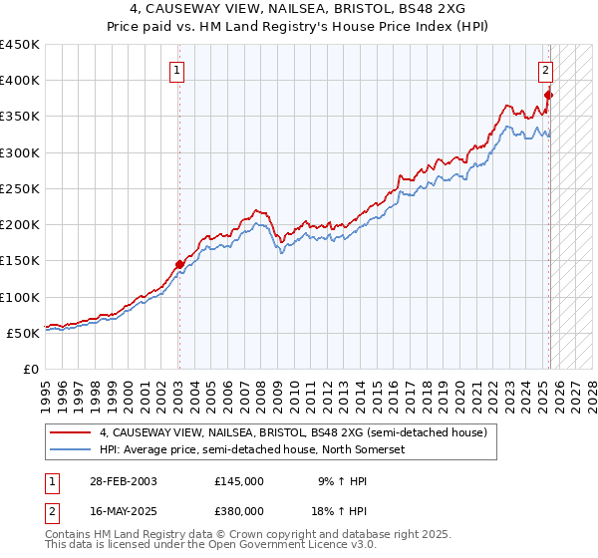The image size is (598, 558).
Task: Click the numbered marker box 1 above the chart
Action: click(176, 70)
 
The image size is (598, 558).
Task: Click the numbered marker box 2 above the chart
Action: click(547, 70)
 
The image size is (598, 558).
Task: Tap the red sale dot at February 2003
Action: click(179, 265)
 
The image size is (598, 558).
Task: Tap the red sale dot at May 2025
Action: click(549, 95)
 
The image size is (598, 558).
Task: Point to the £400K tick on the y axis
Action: click(21, 81)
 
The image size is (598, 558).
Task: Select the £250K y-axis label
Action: click(21, 188)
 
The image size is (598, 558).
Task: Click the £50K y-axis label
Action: click(25, 333)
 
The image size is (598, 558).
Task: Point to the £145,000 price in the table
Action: click(239, 480)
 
